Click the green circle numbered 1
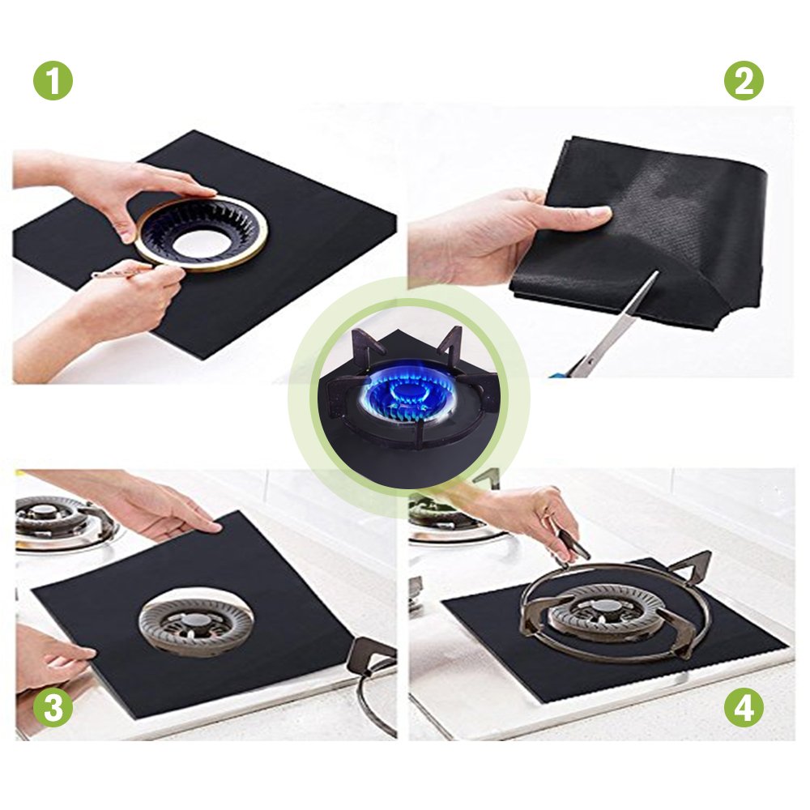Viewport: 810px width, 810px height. pyautogui.click(x=53, y=81)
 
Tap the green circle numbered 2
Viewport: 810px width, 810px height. pyautogui.click(x=744, y=81)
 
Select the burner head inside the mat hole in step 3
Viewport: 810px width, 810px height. pyautogui.click(x=195, y=624)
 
